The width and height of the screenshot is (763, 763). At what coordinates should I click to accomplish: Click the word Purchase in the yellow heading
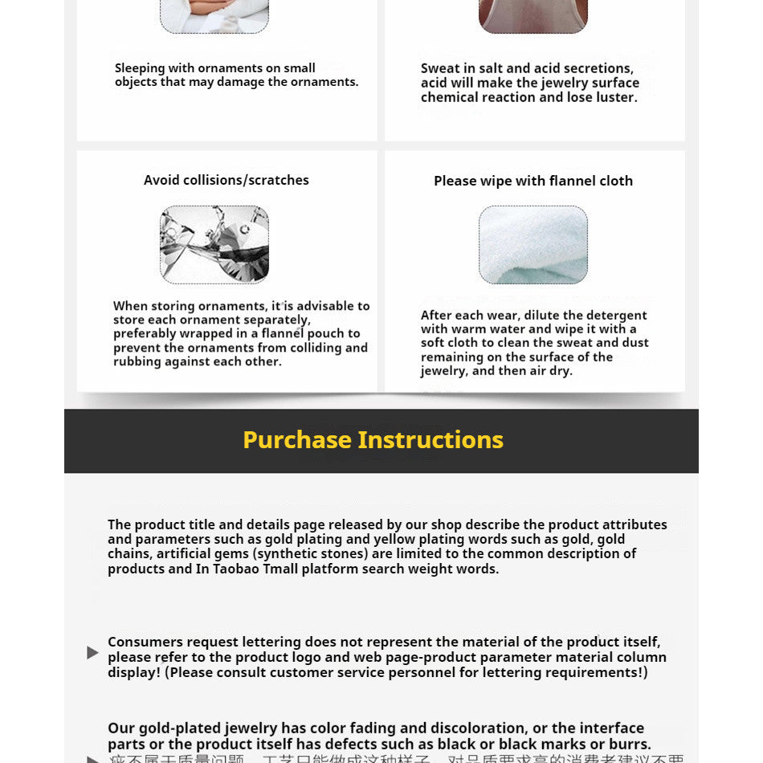297,440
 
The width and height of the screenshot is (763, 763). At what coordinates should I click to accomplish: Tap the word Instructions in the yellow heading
430,440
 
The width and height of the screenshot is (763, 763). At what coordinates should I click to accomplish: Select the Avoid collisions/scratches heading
226,180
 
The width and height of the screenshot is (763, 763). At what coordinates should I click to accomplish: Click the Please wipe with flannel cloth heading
533,181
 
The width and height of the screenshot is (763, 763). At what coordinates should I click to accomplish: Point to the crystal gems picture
214,244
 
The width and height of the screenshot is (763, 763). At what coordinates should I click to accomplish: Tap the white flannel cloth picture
533,245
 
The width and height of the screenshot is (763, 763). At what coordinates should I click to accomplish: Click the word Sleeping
140,68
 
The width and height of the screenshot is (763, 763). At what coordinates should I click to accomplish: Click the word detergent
618,316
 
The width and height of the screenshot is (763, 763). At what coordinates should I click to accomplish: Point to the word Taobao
239,569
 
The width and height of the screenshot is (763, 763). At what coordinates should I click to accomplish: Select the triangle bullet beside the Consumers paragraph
92,652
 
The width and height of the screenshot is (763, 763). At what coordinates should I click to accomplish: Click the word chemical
449,97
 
